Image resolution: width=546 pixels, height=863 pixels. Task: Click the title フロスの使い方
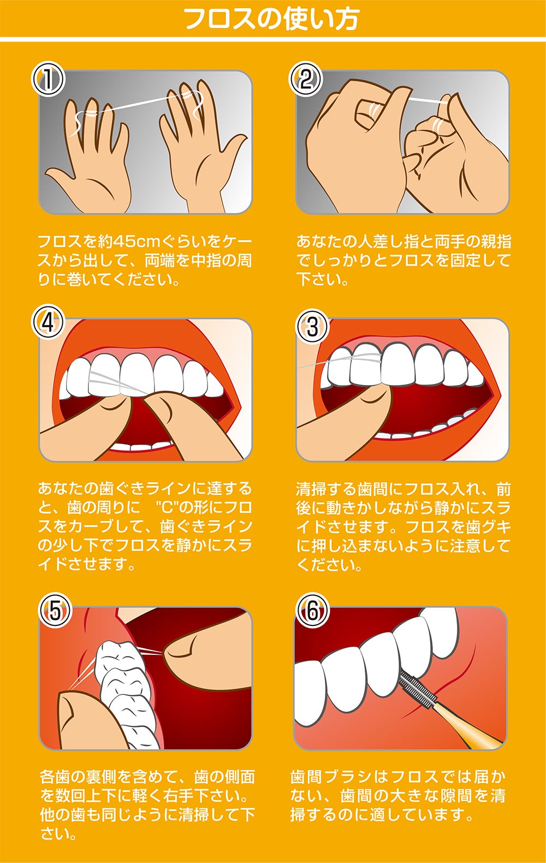(x=272, y=19)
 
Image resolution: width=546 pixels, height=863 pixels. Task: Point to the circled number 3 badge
(x=312, y=327)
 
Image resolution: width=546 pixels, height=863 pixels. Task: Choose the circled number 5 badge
(x=55, y=612)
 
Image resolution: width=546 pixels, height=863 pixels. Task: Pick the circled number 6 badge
(x=312, y=612)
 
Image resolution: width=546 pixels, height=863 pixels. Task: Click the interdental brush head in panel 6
(x=418, y=686)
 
